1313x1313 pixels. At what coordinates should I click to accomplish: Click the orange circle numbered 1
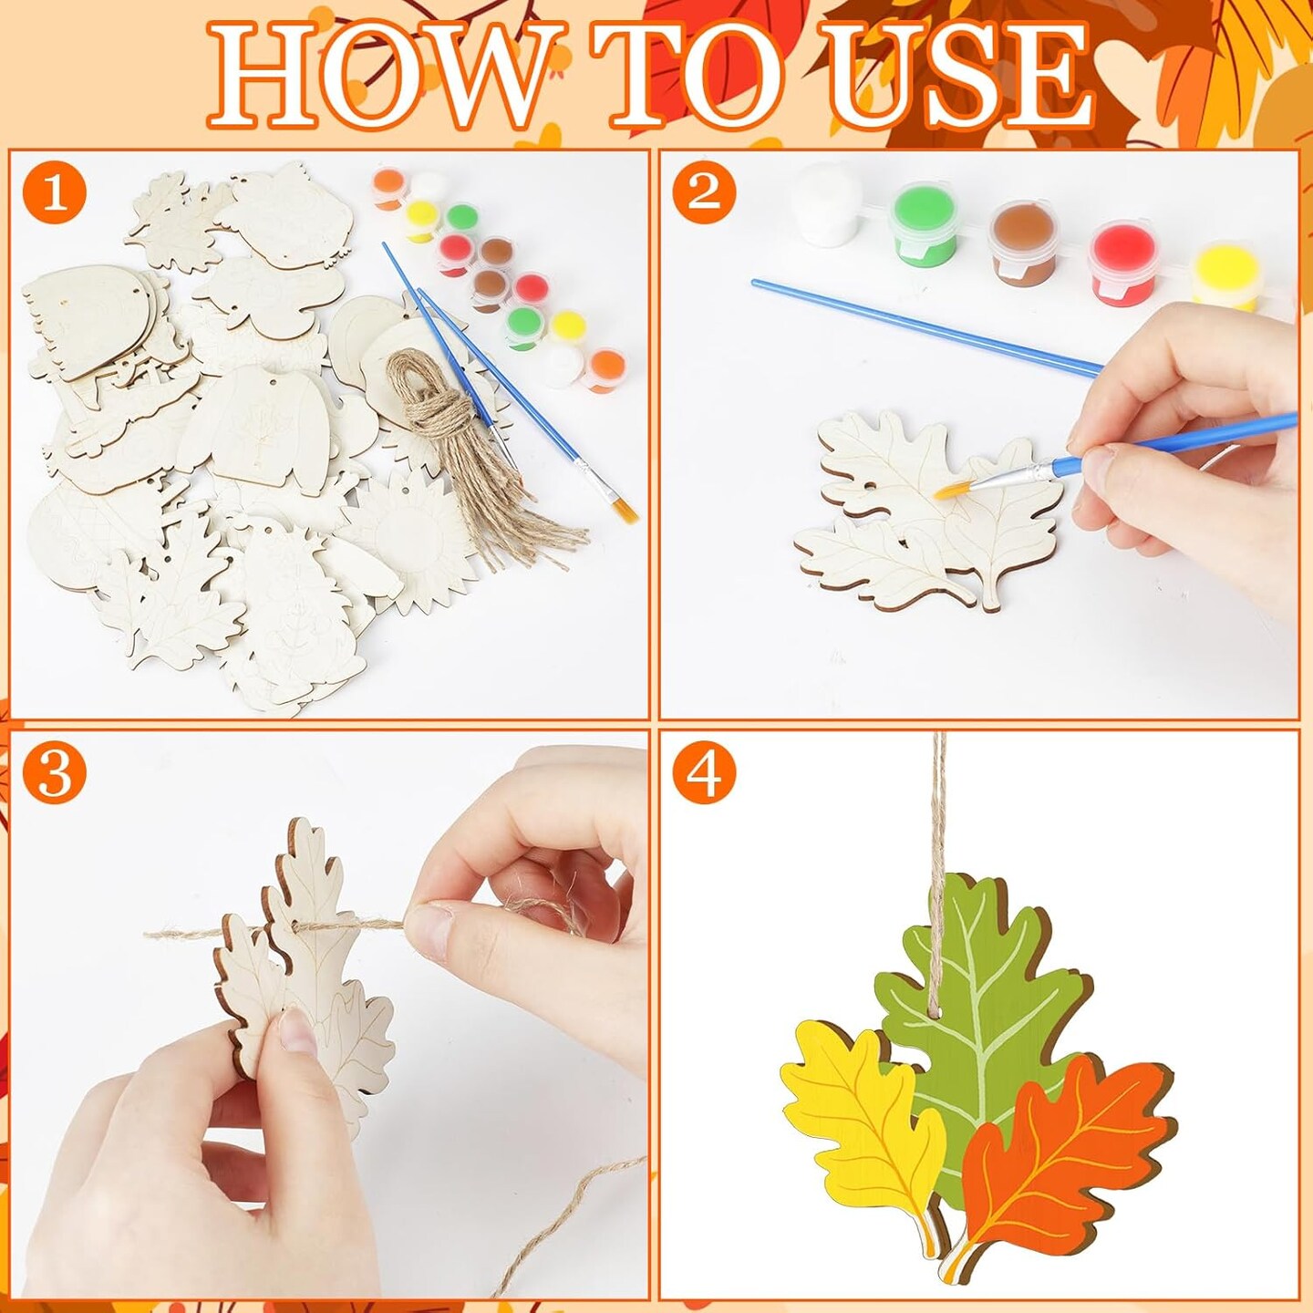click(55, 194)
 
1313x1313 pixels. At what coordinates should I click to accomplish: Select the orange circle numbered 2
click(703, 192)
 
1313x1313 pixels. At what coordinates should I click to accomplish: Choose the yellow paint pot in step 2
click(1226, 274)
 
